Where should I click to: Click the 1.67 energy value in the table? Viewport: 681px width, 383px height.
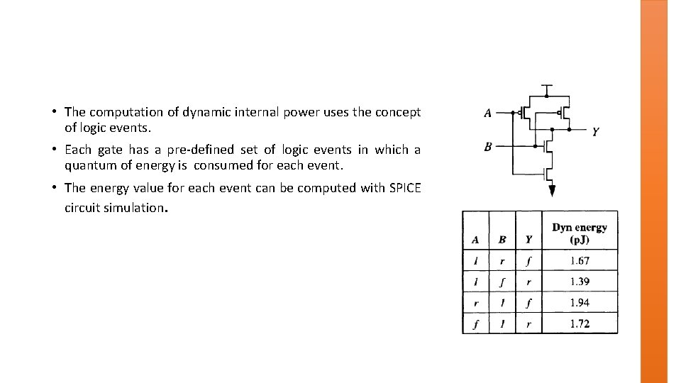pyautogui.click(x=580, y=261)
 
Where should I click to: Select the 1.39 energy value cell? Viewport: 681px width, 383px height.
pyautogui.click(x=580, y=282)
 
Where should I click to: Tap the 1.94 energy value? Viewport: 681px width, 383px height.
pyautogui.click(x=580, y=303)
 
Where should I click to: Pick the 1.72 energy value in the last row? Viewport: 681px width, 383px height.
pyautogui.click(x=580, y=323)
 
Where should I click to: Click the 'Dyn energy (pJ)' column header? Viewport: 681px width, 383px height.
pyautogui.click(x=580, y=233)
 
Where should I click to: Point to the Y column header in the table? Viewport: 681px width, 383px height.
pyautogui.click(x=528, y=240)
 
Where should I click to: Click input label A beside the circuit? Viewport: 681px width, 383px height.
pyautogui.click(x=487, y=113)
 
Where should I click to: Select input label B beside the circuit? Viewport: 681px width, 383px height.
pyautogui.click(x=487, y=147)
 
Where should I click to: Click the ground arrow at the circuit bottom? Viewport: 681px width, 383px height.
pyautogui.click(x=552, y=190)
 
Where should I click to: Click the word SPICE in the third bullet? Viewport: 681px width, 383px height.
pyautogui.click(x=404, y=188)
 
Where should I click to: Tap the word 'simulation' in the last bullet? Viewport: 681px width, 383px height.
pyautogui.click(x=137, y=209)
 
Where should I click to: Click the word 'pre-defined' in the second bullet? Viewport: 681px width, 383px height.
pyautogui.click(x=200, y=150)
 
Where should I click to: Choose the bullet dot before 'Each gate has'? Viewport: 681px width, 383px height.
pyautogui.click(x=54, y=150)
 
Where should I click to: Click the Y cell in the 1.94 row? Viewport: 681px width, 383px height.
pyautogui.click(x=528, y=303)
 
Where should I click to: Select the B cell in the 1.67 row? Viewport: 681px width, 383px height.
pyautogui.click(x=502, y=261)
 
